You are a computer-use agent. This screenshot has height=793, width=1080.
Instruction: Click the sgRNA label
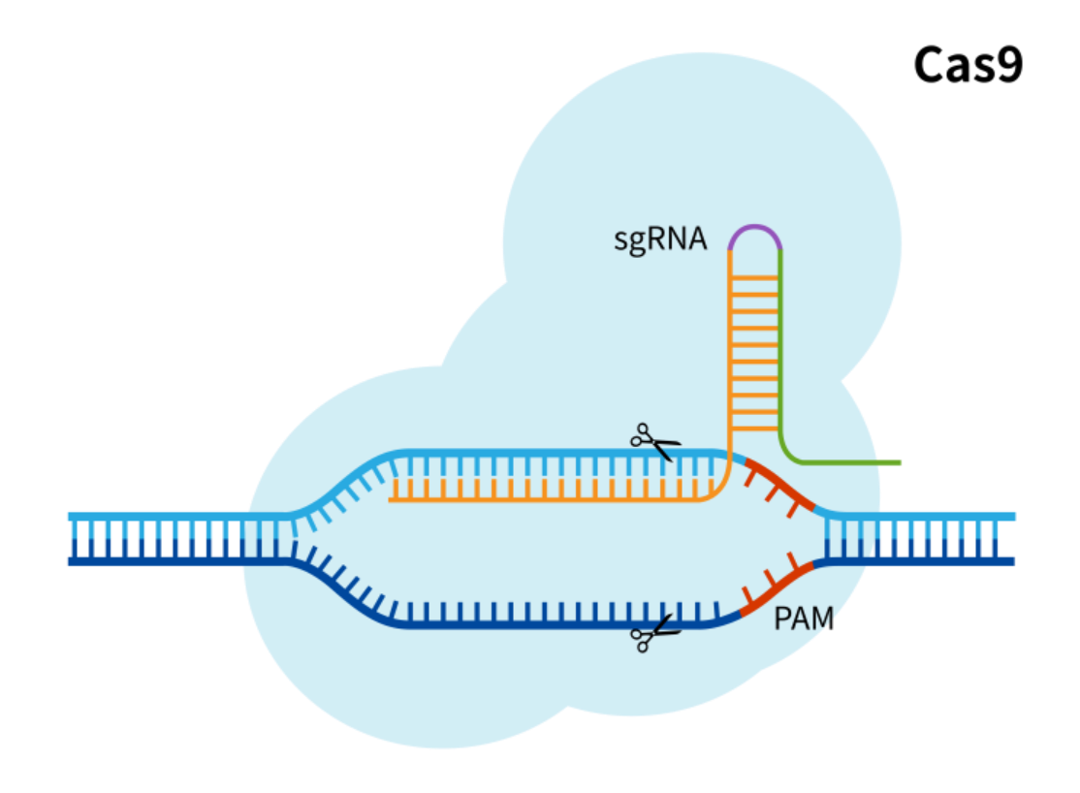(660, 238)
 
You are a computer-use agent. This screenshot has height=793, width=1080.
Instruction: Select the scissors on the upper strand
(654, 441)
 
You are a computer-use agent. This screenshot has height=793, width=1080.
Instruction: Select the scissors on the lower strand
(654, 633)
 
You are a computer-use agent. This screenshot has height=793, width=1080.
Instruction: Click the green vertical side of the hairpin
(780, 349)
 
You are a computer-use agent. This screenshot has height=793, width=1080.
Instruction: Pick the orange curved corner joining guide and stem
(722, 490)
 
